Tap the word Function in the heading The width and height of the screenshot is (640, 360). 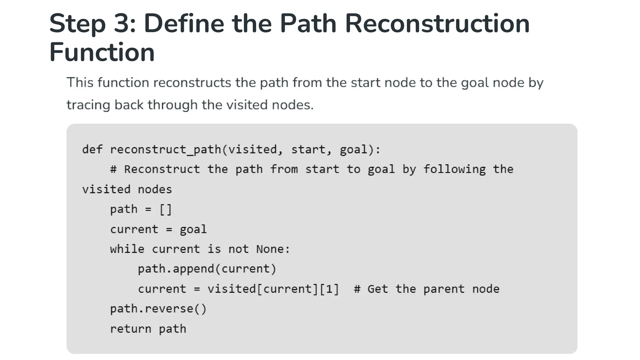(102, 52)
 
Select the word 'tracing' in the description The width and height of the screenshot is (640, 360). (88, 105)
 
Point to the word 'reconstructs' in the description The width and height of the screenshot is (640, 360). (192, 83)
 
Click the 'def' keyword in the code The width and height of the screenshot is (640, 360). (92, 149)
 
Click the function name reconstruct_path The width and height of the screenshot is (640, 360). (166, 149)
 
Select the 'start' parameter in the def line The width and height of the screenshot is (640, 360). (308, 149)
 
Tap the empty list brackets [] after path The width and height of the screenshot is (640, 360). (166, 209)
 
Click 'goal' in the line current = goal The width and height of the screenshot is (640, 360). (193, 230)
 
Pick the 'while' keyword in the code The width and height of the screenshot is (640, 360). (127, 249)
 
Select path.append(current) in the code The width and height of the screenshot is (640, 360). (207, 269)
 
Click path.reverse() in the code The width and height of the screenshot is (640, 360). (158, 309)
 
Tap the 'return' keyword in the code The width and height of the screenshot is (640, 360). (131, 329)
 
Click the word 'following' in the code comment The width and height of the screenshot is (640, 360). (454, 169)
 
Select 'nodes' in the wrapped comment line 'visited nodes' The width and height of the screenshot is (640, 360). (155, 190)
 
